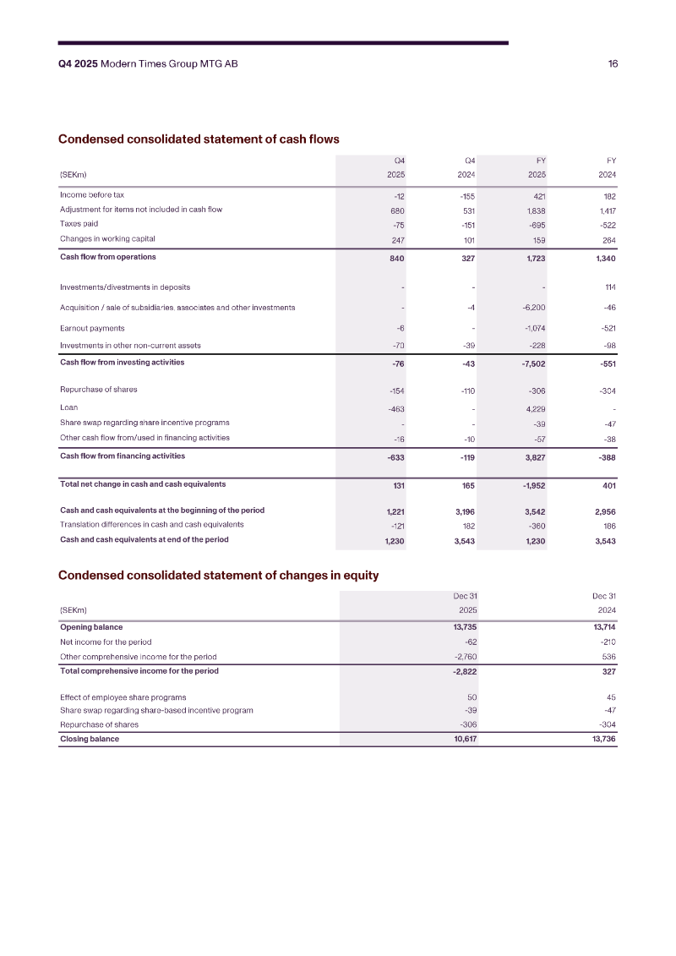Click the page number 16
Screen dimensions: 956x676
[x=613, y=64]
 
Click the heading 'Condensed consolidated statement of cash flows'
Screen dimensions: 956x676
[x=199, y=139]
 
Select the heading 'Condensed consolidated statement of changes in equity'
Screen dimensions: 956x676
[x=218, y=576]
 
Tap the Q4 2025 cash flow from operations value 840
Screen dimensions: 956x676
[x=396, y=258]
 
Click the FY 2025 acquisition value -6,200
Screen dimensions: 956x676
[x=533, y=308]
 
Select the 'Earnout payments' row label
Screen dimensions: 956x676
[x=92, y=328]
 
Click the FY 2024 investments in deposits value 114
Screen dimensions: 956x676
[x=609, y=287]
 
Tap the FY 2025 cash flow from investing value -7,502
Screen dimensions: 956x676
[x=532, y=363]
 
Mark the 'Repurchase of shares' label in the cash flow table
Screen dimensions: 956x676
[x=98, y=390]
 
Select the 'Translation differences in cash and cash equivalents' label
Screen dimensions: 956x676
[x=152, y=524]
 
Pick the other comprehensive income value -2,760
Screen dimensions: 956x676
[x=466, y=657]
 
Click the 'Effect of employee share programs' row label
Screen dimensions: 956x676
[x=123, y=697]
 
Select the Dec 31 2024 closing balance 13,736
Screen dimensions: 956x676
[x=603, y=740]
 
